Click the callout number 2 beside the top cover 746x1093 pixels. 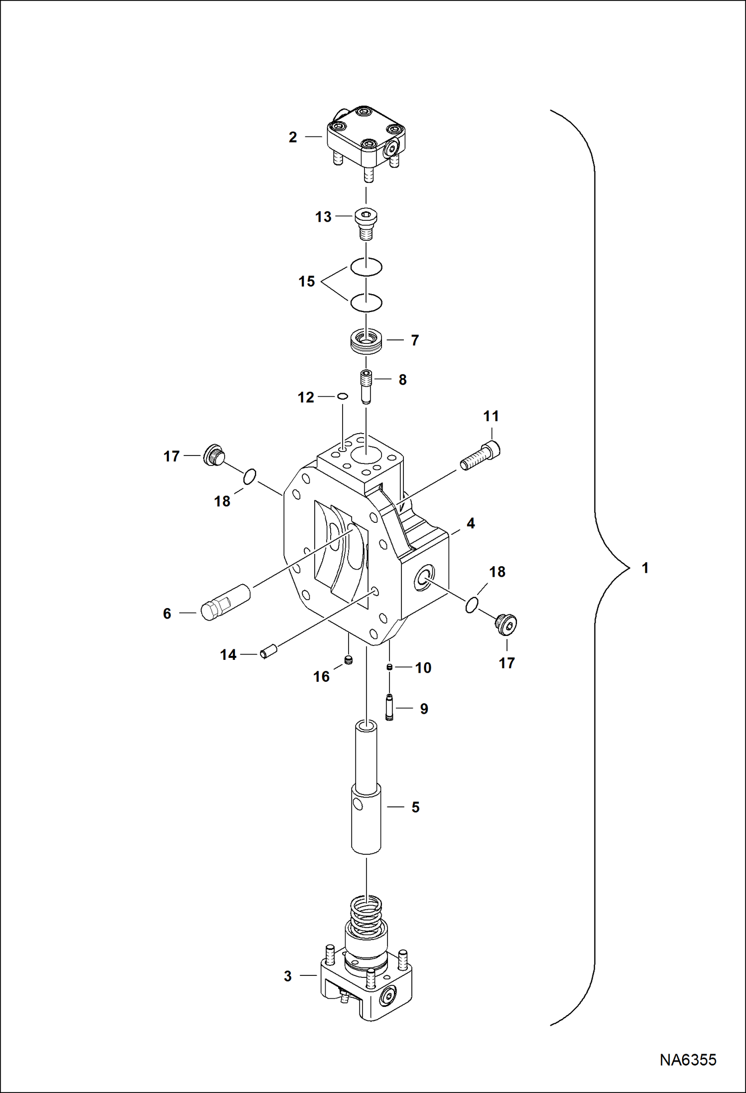[293, 137]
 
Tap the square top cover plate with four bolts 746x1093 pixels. [366, 136]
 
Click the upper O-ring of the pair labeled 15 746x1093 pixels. [366, 267]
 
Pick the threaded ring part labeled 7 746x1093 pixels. [367, 341]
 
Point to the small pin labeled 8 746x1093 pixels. [366, 387]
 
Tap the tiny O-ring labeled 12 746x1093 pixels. [342, 397]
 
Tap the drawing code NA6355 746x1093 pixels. [688, 1060]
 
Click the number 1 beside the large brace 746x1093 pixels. [645, 568]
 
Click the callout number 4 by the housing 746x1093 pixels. [470, 523]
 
